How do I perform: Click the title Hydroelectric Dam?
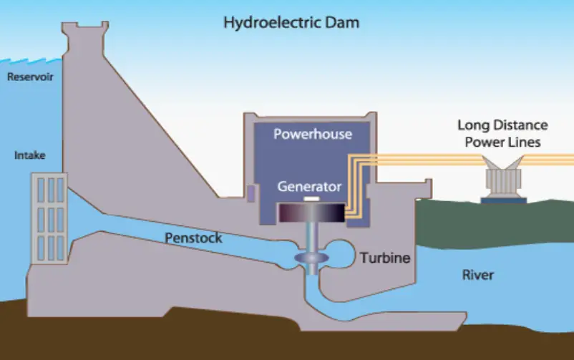(x=291, y=23)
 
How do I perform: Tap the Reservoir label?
(x=30, y=77)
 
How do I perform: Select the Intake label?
(x=30, y=155)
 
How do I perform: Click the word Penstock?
(x=194, y=238)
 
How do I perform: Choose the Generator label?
(x=309, y=187)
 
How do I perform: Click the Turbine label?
(x=385, y=258)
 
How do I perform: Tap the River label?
(x=477, y=275)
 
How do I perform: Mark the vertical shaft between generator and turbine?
(x=313, y=236)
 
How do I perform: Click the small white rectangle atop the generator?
(x=311, y=198)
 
